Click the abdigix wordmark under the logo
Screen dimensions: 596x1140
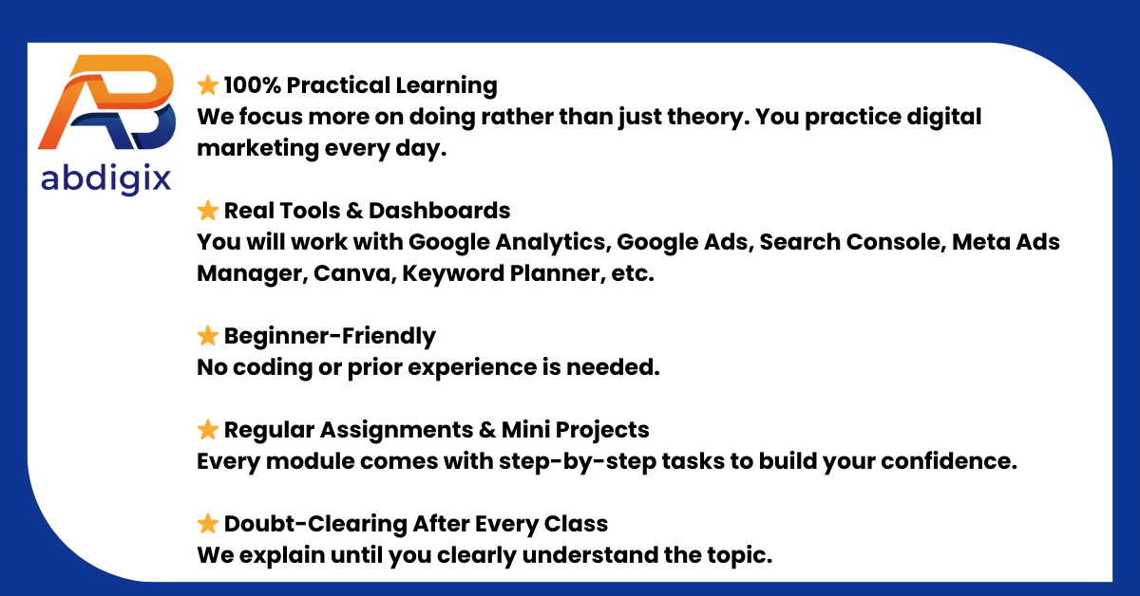point(105,178)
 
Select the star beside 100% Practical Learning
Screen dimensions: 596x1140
point(208,85)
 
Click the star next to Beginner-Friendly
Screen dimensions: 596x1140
point(208,336)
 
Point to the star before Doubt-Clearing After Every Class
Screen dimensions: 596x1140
point(208,524)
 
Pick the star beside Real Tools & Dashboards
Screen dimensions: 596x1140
point(208,211)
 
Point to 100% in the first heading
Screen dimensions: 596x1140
point(252,85)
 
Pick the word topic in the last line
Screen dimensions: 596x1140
point(741,555)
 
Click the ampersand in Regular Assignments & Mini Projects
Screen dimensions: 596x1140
point(487,430)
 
